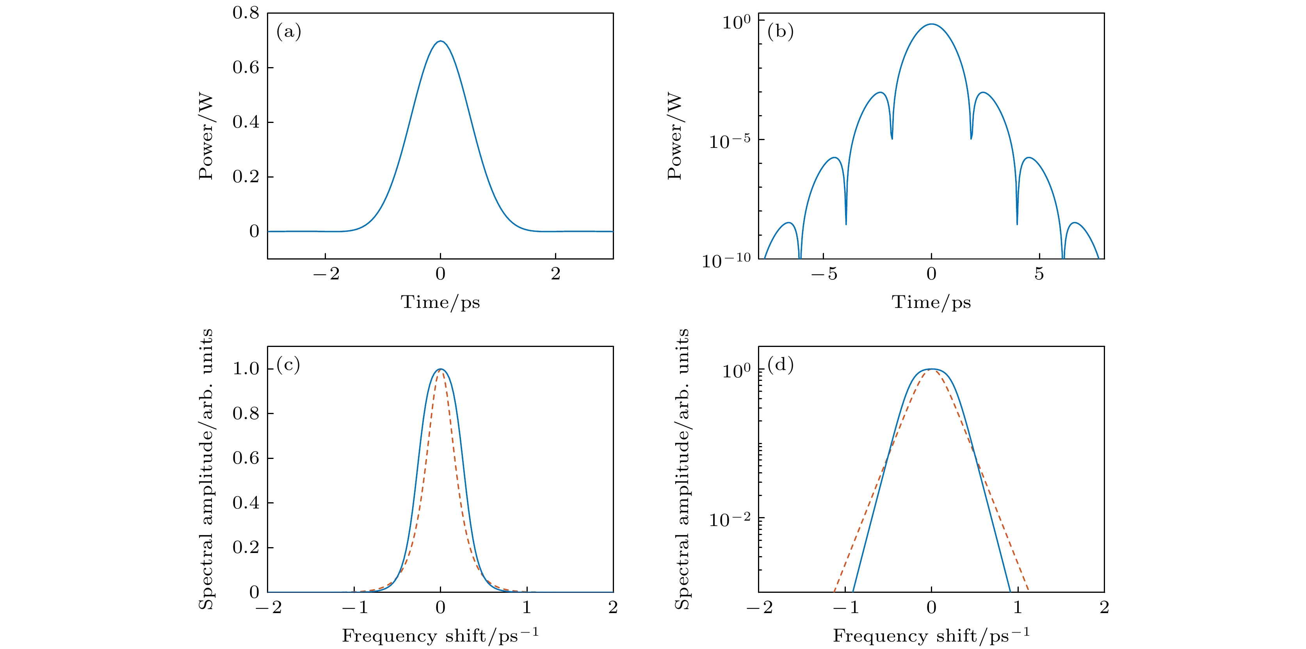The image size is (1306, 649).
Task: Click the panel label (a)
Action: click(288, 32)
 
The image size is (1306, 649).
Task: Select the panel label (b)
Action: click(780, 32)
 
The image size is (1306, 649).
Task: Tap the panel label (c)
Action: click(288, 365)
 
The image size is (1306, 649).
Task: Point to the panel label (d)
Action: click(780, 365)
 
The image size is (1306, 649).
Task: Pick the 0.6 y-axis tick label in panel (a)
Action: click(246, 68)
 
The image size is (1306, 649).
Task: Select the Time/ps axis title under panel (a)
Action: click(440, 302)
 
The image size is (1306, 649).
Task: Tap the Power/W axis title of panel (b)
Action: click(675, 136)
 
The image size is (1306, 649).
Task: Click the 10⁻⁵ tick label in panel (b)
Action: click(729, 141)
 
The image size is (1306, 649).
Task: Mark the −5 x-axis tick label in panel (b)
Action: click(824, 274)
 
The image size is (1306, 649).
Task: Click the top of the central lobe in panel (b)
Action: click(932, 24)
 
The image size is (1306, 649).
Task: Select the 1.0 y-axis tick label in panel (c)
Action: click(246, 369)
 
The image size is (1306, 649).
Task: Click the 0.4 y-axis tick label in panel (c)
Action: click(246, 503)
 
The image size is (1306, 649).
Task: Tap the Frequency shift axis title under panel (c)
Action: click(440, 636)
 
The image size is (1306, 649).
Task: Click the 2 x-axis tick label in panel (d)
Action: click(1104, 607)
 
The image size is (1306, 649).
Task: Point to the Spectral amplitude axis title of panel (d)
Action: click(682, 469)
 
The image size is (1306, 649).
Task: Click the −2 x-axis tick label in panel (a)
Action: click(326, 274)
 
